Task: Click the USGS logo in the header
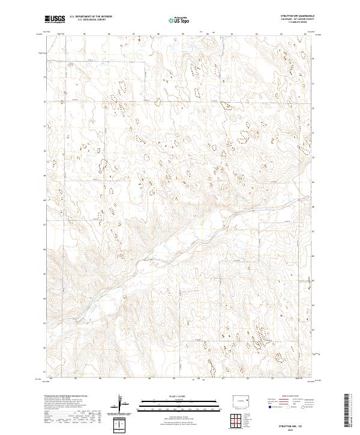coord(54,19)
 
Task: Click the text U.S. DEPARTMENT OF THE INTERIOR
coord(91,17)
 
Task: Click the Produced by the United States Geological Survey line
coord(66,397)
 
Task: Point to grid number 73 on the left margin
coord(44,77)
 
